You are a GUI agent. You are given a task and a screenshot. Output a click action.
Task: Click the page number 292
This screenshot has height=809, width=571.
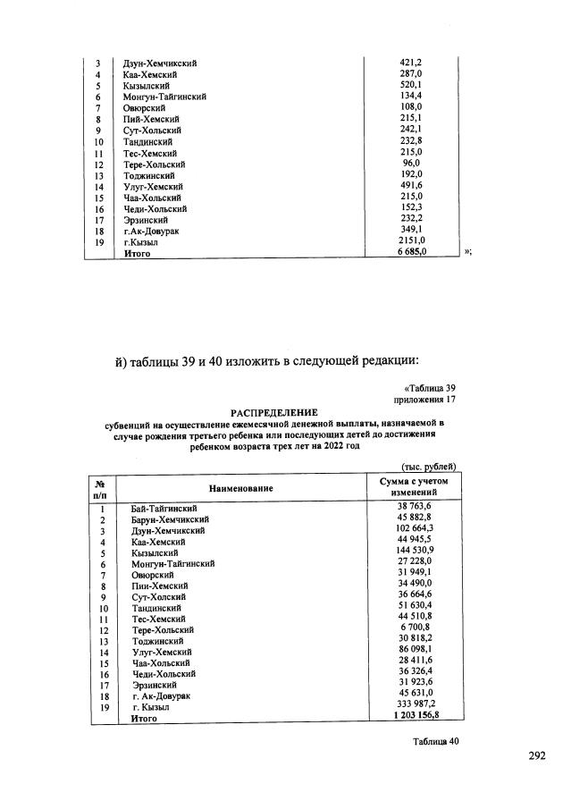click(536, 756)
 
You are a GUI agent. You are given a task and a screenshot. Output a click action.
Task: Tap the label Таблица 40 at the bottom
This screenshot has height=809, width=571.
click(435, 741)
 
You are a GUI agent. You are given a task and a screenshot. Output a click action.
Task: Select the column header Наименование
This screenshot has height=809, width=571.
click(241, 488)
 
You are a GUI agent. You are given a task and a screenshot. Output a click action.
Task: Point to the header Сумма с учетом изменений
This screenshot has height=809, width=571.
click(414, 487)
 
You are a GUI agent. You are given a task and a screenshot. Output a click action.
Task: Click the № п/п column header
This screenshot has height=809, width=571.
click(101, 488)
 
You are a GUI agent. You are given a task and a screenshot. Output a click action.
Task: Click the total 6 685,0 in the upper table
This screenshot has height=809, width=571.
click(411, 253)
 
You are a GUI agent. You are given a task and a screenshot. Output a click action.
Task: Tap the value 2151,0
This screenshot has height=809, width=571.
click(411, 241)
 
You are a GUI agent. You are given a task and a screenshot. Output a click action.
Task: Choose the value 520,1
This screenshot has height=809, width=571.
click(411, 86)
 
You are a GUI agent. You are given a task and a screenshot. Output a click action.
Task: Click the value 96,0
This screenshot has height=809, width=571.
click(411, 164)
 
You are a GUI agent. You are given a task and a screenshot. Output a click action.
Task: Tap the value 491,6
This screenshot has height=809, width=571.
click(411, 186)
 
